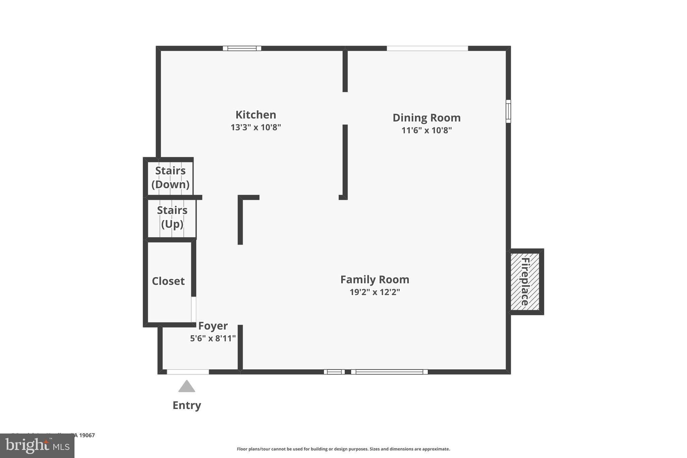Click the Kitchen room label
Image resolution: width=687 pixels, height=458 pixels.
(256, 115)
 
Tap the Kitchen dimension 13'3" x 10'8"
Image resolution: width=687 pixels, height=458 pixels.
(256, 128)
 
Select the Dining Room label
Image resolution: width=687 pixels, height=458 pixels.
(426, 118)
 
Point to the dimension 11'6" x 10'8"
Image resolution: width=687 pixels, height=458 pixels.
(426, 130)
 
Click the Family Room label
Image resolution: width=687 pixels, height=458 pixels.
(375, 279)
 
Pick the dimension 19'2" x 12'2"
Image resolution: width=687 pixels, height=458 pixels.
(375, 292)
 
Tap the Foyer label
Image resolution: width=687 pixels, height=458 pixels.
(213, 326)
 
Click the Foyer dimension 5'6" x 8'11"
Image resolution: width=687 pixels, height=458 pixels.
(213, 338)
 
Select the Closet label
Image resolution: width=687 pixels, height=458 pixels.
(168, 281)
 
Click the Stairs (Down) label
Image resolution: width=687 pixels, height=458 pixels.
(170, 177)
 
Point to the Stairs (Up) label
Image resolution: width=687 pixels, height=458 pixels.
(172, 217)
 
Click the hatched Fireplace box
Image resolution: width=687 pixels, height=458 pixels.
(525, 282)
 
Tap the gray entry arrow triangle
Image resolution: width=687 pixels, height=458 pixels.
(187, 387)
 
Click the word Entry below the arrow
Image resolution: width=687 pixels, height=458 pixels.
(187, 405)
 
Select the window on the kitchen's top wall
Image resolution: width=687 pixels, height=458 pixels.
(242, 48)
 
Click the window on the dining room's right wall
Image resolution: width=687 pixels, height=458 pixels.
(508, 111)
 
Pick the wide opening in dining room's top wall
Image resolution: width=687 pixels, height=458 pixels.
(427, 48)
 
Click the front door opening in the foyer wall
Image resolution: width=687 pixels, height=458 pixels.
(188, 372)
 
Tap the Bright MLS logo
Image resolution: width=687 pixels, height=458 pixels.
(37, 446)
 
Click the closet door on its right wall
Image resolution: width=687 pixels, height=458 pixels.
(194, 309)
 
